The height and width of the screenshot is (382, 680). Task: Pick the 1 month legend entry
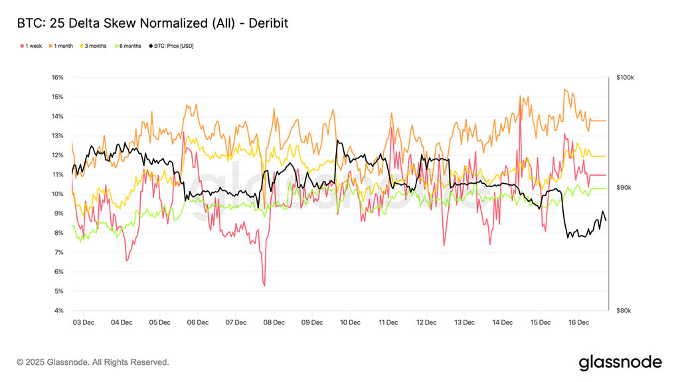click(x=64, y=46)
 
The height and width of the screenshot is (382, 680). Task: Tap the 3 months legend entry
click(x=96, y=46)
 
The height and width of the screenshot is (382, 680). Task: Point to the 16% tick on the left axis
click(x=57, y=78)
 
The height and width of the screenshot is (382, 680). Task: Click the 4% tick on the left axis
click(x=58, y=310)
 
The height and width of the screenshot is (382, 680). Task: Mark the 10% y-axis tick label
click(x=57, y=194)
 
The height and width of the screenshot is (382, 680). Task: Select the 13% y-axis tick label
click(x=57, y=136)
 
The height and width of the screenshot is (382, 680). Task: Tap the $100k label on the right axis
click(x=625, y=78)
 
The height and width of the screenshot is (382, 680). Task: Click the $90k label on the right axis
click(x=625, y=188)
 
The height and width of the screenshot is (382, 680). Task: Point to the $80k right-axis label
click(x=625, y=310)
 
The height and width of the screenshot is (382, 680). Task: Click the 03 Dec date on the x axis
click(x=83, y=322)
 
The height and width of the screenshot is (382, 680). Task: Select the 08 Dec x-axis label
click(x=274, y=322)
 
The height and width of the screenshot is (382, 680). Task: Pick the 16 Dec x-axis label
click(x=578, y=322)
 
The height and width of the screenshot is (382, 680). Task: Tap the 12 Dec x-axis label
click(x=426, y=322)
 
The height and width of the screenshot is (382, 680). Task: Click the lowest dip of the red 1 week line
click(x=264, y=286)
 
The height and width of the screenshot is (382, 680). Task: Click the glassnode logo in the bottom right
click(x=620, y=362)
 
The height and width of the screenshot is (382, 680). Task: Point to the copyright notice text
click(x=93, y=362)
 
